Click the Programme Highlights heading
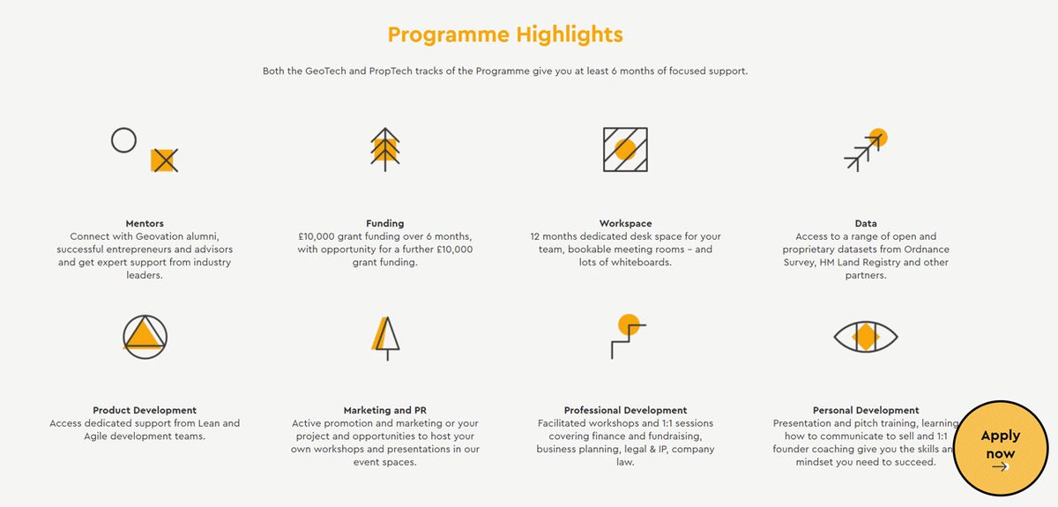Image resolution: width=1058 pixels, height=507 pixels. point(505,34)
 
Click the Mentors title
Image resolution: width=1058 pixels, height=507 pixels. point(145,223)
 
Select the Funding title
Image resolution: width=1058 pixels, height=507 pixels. point(385,223)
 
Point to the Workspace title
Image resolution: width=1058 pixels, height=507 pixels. point(625,223)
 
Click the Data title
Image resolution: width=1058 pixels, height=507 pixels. point(865,223)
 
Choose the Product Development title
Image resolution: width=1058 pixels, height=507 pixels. point(145,410)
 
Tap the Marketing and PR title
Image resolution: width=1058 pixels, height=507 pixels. point(385,410)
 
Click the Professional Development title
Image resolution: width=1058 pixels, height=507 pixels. point(625,410)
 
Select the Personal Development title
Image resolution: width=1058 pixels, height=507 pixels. point(865,410)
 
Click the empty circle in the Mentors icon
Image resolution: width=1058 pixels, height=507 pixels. point(124,140)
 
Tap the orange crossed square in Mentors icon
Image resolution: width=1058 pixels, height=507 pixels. point(164,160)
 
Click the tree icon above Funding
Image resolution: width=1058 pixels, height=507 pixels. point(384,148)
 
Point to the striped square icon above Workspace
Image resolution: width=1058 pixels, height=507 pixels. point(625,149)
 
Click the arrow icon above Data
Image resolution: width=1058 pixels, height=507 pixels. point(864,150)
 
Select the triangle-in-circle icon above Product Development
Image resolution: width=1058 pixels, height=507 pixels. point(145,336)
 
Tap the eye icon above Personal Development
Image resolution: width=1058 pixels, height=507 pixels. point(865,336)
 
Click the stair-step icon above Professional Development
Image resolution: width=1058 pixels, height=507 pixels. point(627,336)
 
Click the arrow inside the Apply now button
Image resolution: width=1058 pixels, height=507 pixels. point(1000,467)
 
